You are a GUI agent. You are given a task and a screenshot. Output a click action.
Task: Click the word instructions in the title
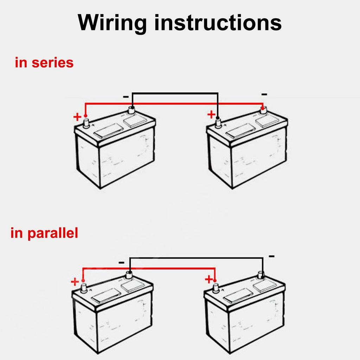coord(218,22)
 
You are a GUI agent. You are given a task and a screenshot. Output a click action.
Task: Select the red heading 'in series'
coord(44,63)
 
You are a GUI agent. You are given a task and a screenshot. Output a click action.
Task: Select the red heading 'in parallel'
coord(44,233)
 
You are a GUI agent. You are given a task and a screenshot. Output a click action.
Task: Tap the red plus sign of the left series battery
coord(77,116)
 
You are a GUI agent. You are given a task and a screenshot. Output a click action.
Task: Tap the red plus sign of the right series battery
coord(211,114)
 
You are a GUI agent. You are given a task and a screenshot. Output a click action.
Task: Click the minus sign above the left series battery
coord(126,96)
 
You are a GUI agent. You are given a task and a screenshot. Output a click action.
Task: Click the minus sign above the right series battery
coord(264,94)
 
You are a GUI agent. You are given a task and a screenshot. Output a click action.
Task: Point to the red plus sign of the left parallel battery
coord(75,282)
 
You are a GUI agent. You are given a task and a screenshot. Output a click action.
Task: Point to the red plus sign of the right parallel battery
coord(209,279)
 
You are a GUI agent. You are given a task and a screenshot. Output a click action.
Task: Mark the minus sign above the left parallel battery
coord(121,262)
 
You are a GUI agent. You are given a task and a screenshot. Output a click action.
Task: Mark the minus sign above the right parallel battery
coord(271,256)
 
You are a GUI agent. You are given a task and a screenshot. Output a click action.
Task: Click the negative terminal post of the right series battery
coord(263,111)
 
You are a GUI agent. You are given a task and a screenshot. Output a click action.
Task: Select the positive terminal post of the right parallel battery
coord(216,288)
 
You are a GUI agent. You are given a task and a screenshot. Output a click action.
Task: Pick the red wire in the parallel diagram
coord(148,268)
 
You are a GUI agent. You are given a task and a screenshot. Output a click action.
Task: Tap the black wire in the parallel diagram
coord(197,258)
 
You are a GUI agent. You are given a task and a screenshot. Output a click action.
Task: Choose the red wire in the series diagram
coord(176,104)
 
